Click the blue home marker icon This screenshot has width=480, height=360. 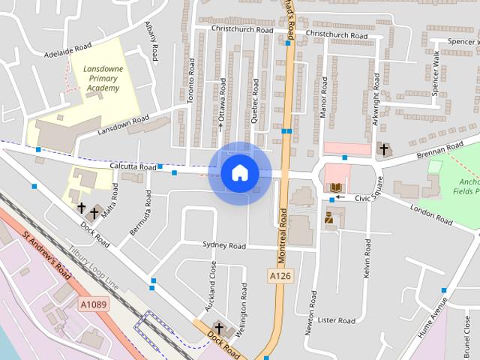[240, 173]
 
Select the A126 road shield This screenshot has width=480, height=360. [280, 276]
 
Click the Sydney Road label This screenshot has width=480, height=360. [224, 245]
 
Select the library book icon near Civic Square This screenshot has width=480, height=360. [335, 187]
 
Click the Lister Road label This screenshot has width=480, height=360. [335, 320]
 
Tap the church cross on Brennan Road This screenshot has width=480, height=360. [384, 149]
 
